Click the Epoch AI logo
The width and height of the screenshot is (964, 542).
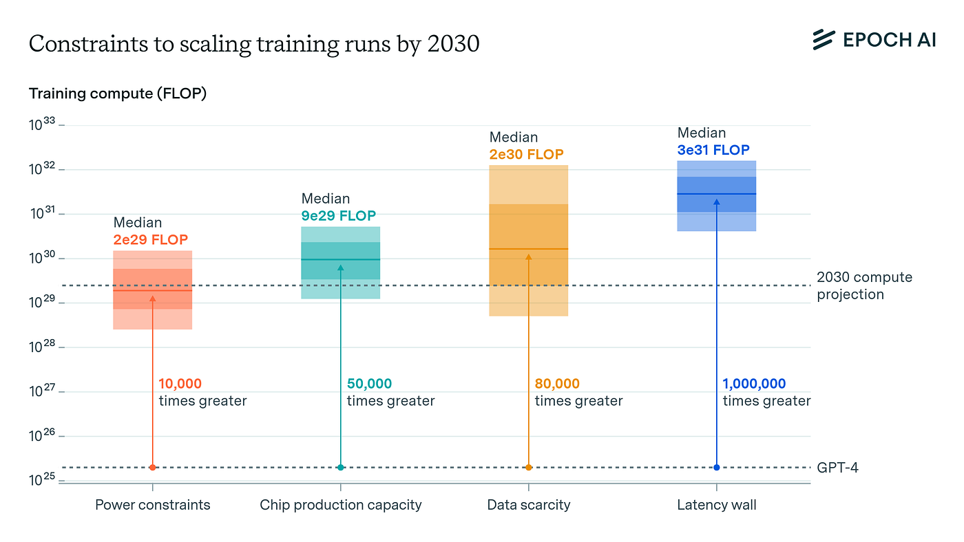point(873,40)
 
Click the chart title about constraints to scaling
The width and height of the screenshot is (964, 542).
point(254,44)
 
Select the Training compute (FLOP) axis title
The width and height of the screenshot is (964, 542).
point(118,94)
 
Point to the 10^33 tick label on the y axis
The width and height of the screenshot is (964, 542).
point(43,125)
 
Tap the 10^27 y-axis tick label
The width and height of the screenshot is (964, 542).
point(43,392)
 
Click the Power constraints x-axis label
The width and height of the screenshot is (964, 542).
point(152,505)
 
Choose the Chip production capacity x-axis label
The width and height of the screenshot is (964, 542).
point(340,505)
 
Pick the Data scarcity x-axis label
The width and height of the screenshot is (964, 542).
point(529,505)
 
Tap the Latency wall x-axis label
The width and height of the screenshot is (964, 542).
point(717,505)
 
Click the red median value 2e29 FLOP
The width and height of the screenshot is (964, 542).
point(150,240)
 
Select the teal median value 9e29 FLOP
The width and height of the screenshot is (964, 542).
point(339,216)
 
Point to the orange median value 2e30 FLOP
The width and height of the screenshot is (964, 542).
point(526,155)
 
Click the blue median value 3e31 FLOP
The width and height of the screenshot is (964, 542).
point(713,150)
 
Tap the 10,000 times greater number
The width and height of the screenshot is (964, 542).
point(180,384)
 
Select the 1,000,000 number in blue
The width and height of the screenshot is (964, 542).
point(754,384)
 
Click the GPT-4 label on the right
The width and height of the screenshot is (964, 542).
point(837,468)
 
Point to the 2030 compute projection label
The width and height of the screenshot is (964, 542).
point(864,286)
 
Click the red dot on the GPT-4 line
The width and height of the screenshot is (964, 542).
point(152,468)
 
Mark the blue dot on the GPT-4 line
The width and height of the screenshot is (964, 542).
point(717,468)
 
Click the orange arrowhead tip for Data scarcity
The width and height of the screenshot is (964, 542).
point(529,256)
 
